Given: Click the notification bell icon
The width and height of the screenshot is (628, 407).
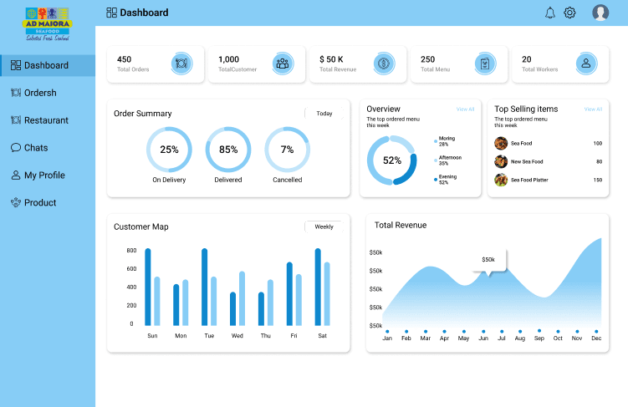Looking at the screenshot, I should [549, 13].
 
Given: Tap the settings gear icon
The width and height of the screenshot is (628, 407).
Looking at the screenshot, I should [569, 13].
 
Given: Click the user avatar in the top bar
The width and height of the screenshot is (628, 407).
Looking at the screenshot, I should [600, 13].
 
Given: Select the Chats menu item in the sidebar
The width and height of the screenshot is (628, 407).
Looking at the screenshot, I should [35, 148].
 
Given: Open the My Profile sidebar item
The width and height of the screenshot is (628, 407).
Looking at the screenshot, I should [43, 176].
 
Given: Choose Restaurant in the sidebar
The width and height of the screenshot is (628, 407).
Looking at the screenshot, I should [46, 120].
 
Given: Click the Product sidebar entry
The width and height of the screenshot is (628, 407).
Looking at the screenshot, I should [39, 203].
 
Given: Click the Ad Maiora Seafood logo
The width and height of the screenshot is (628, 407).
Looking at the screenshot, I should [47, 24].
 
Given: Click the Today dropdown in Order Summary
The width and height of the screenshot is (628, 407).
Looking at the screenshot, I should [324, 114].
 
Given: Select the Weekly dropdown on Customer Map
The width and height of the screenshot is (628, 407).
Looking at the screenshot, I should [324, 226].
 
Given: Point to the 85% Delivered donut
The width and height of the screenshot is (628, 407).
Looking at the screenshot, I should [228, 150].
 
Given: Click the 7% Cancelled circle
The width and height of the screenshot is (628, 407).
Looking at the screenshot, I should [287, 150].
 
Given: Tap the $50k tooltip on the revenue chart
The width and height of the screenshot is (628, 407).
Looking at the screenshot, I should [488, 260].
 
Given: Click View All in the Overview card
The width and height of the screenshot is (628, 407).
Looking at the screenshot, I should [465, 109].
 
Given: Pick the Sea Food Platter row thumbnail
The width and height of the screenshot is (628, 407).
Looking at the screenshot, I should [501, 180].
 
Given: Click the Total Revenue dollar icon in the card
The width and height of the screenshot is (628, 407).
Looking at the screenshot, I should [384, 64].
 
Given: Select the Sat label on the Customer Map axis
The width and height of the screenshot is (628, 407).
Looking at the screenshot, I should [322, 336].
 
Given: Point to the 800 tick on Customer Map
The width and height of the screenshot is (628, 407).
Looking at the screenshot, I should [131, 251].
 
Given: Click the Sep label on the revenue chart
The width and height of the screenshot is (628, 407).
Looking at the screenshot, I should [539, 338].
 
